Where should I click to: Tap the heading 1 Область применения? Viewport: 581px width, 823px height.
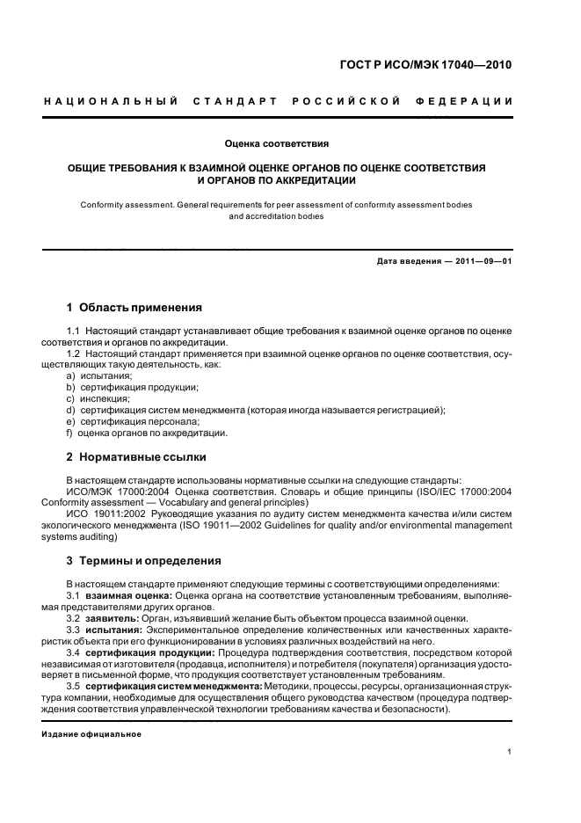click(x=134, y=308)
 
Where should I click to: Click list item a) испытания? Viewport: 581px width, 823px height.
click(x=99, y=375)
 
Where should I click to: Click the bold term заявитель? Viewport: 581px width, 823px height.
click(x=112, y=618)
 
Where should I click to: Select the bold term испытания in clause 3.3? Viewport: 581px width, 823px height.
click(x=114, y=630)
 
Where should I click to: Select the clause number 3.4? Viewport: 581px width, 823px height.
click(x=75, y=652)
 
